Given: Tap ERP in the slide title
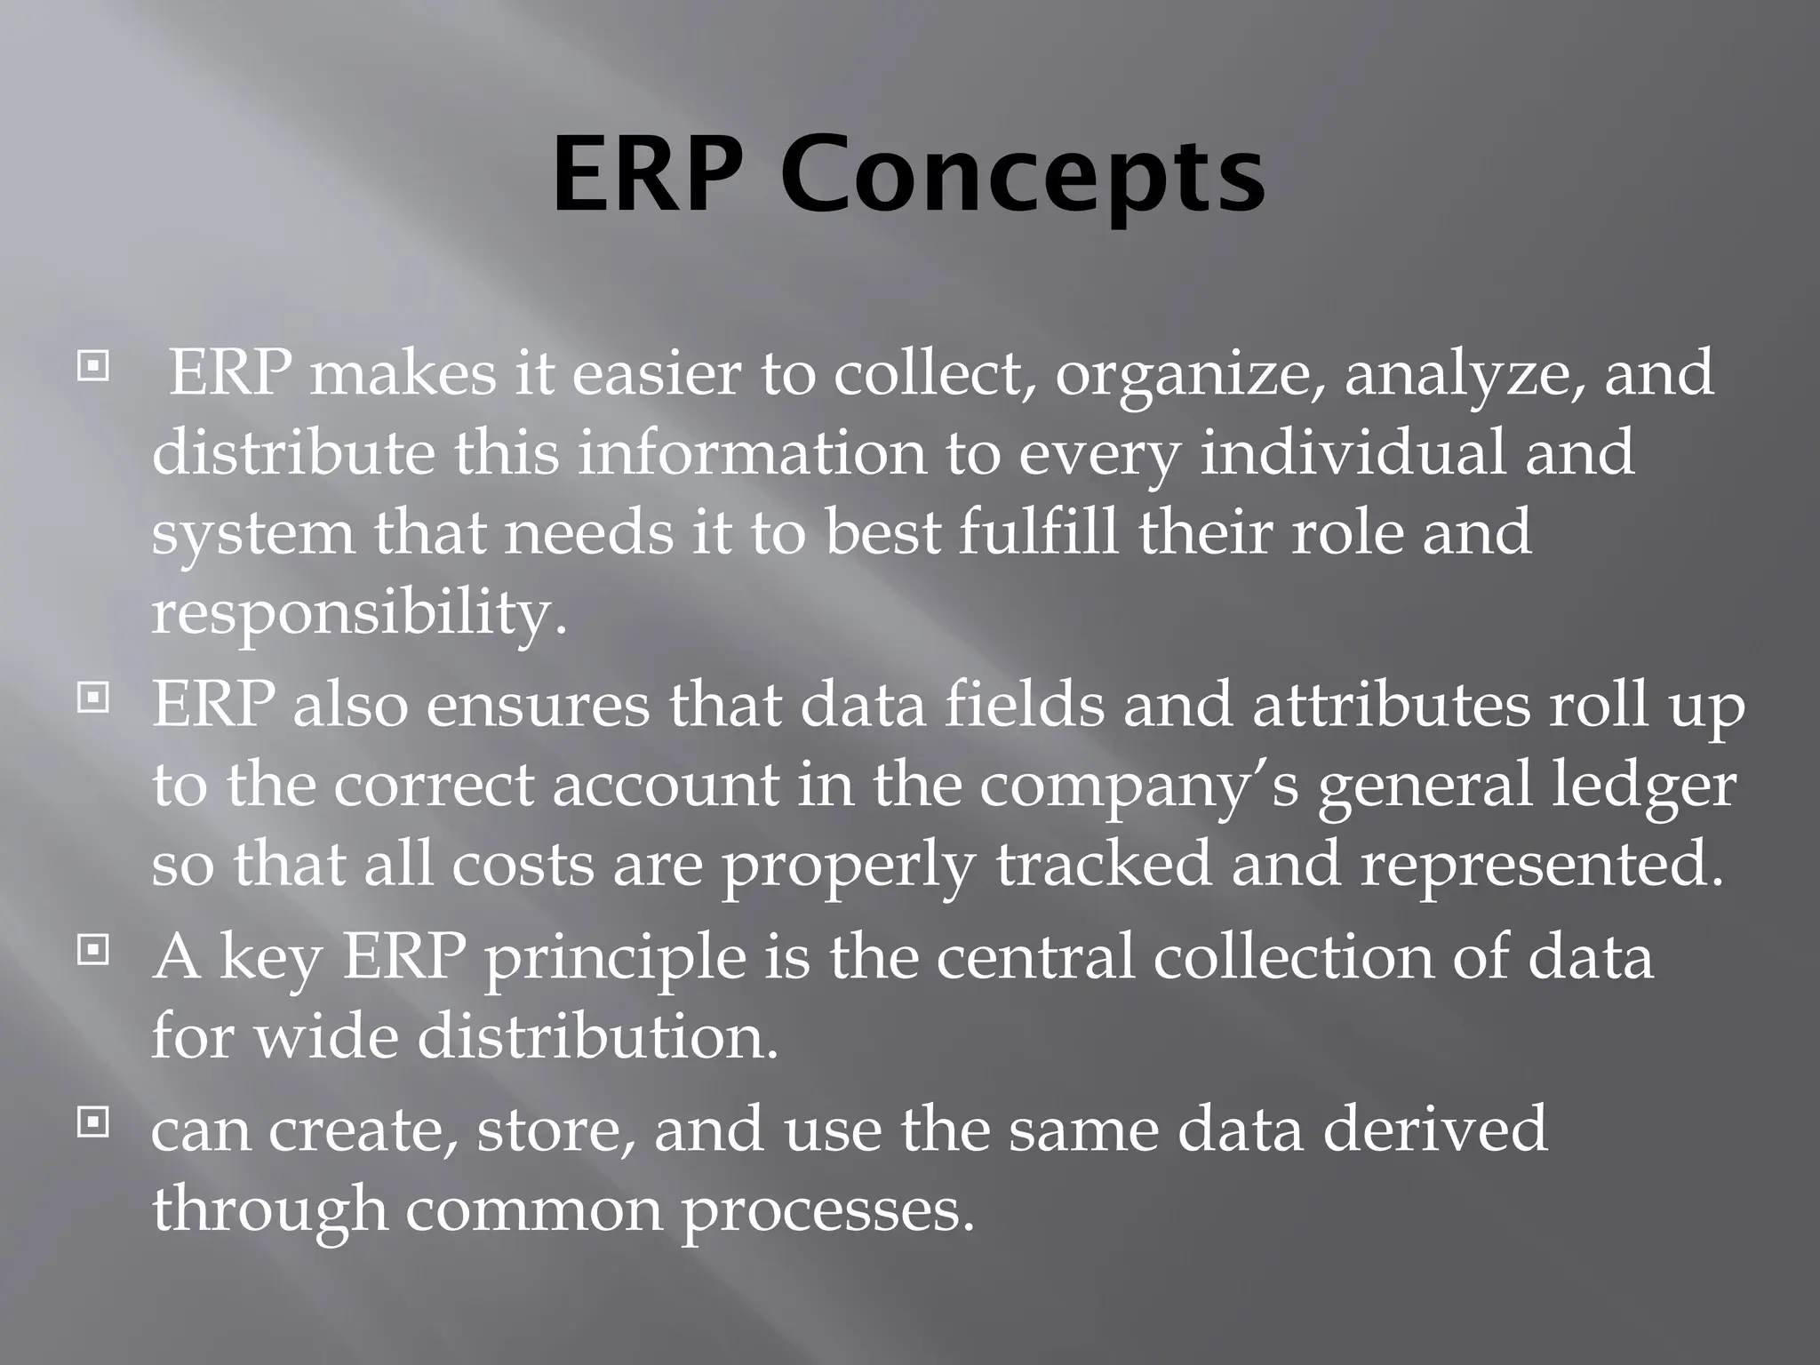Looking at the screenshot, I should [x=647, y=176].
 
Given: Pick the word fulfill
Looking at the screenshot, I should [x=1038, y=531].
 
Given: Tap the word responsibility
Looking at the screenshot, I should [x=358, y=613].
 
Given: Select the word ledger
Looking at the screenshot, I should [x=1643, y=786].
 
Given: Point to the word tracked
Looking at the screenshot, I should [x=1103, y=865].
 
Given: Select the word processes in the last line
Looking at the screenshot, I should [x=827, y=1210].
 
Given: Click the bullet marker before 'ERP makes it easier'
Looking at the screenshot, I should [x=92, y=366].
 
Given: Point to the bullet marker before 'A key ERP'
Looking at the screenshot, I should [x=92, y=952].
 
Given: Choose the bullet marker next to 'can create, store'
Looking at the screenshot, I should [x=92, y=1123].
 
